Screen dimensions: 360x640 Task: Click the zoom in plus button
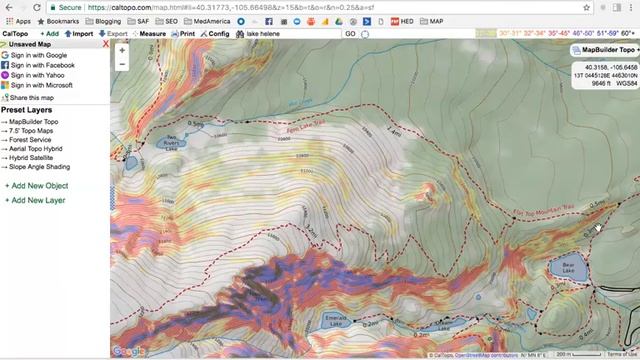tap(121, 49)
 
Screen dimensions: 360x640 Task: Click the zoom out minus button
tap(121, 63)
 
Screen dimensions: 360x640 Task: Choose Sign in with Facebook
tap(42, 65)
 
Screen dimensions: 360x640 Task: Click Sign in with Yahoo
tap(37, 75)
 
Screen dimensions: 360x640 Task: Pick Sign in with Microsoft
tap(41, 86)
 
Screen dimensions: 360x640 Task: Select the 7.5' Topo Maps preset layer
tap(34, 131)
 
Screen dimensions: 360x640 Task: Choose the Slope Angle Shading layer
tap(38, 167)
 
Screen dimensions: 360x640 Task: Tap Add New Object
tap(39, 186)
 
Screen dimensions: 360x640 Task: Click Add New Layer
tap(37, 200)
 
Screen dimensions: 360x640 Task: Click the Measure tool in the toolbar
tap(152, 34)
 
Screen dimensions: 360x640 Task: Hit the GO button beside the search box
tap(350, 34)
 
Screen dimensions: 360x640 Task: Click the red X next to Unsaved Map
tap(106, 44)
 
